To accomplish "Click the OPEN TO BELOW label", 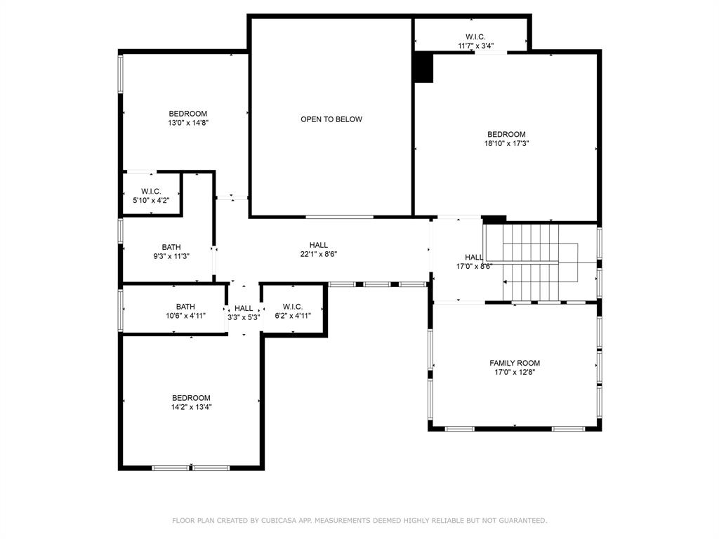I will (x=331, y=119).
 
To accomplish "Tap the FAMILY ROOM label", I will (x=515, y=363).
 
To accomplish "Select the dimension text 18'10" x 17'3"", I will (x=506, y=143).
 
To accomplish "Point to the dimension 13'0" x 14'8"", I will (x=187, y=122).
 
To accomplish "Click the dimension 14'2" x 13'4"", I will (x=191, y=406).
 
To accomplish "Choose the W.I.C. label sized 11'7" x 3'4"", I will (x=475, y=37).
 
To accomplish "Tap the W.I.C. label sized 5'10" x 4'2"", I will (x=151, y=191).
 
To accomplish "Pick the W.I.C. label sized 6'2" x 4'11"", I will (x=293, y=307).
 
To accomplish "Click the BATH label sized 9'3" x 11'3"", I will (x=171, y=247).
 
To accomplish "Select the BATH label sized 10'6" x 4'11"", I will (x=185, y=307).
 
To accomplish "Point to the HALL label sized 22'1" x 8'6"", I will (x=319, y=245).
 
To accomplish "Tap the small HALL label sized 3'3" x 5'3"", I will (x=244, y=308).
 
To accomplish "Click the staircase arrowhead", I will (x=506, y=281).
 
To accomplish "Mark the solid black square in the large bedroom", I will (x=423, y=69).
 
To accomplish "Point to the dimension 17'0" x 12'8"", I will (x=515, y=373).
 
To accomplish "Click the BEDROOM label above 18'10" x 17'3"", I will (x=506, y=134).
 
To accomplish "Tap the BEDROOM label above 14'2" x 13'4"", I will (x=191, y=398).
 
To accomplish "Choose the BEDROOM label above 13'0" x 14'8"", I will (x=187, y=114).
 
